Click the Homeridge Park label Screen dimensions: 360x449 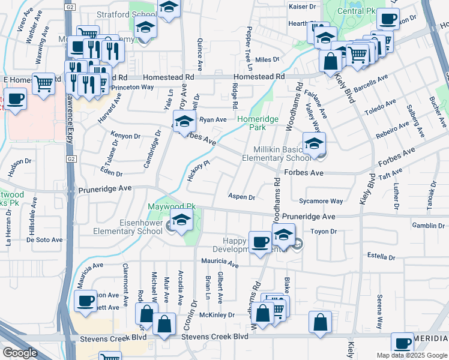click(258, 123)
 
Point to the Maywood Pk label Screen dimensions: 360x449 click(172, 206)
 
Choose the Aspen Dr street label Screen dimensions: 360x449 click(242, 197)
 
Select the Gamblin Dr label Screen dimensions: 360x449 click(428, 226)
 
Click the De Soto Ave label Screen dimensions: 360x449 click(44, 239)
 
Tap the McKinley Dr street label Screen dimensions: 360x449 click(217, 314)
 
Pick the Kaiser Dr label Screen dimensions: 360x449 click(302, 6)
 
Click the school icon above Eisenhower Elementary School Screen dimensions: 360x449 click(181, 220)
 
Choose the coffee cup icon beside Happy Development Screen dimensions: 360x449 click(260, 242)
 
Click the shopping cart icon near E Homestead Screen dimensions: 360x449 click(44, 84)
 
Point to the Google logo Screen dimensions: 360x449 click(20, 353)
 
